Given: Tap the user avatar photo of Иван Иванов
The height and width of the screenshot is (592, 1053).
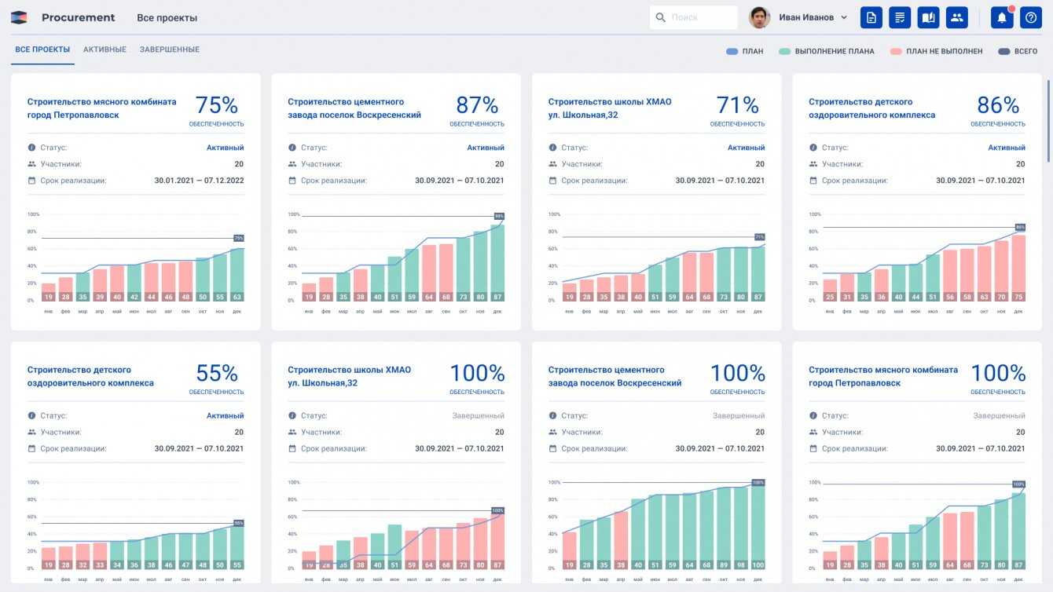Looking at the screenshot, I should click(x=759, y=17).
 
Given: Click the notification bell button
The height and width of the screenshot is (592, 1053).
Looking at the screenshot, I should click(x=1002, y=17).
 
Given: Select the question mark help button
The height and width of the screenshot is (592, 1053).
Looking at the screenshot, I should click(x=1030, y=17).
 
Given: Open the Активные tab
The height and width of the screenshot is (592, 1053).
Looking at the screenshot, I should click(x=105, y=49).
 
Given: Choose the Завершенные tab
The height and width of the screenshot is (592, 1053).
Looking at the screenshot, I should click(x=170, y=49).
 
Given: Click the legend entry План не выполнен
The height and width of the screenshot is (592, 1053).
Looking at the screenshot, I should click(x=936, y=51).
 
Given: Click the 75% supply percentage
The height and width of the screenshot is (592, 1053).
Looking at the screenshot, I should click(x=216, y=105).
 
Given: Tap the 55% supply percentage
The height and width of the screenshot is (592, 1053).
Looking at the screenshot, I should click(x=216, y=373).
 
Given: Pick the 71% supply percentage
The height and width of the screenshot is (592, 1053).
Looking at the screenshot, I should click(x=737, y=105).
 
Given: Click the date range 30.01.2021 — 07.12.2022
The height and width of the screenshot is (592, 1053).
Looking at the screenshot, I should click(x=199, y=181).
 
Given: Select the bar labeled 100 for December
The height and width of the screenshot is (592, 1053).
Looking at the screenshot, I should click(x=758, y=526).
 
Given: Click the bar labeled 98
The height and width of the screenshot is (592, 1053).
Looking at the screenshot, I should click(x=740, y=528).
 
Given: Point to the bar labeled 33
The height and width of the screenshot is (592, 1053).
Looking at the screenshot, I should click(x=100, y=554).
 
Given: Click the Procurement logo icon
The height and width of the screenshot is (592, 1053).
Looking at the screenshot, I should click(x=19, y=17).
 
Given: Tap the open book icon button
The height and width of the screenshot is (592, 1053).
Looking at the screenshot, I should click(x=928, y=17).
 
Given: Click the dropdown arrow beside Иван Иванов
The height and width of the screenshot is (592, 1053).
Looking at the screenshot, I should click(x=844, y=17).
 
